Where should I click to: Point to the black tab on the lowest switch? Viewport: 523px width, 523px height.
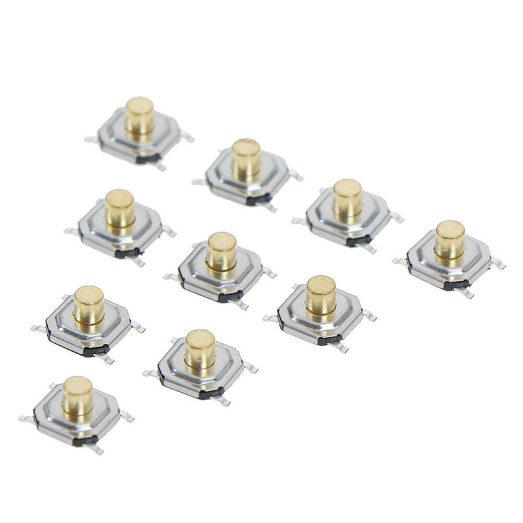pos(84,440)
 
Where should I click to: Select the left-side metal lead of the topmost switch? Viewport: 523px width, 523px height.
pos(91,139)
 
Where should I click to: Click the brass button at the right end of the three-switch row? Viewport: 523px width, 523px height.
pos(320,294)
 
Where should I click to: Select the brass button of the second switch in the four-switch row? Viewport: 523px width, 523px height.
pos(246,158)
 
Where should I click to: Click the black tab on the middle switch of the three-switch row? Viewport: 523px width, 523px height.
pos(229,297)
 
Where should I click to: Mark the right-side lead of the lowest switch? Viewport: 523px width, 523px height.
pos(127,416)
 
